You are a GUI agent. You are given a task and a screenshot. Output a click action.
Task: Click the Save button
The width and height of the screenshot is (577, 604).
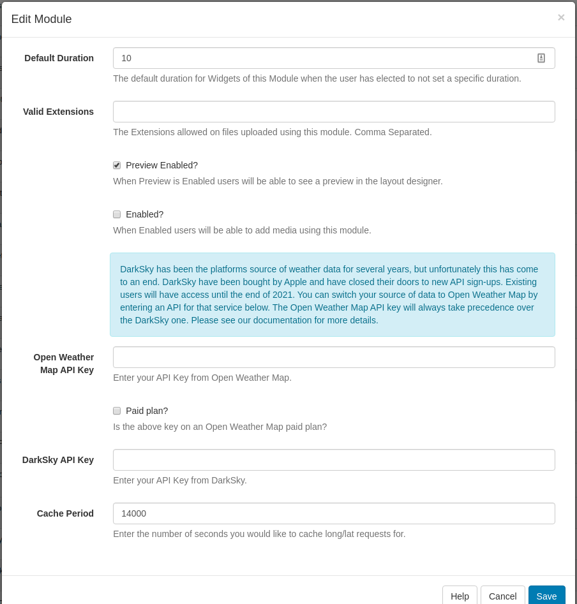pyautogui.click(x=546, y=596)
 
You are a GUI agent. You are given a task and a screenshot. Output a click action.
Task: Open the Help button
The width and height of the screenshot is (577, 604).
pyautogui.click(x=460, y=596)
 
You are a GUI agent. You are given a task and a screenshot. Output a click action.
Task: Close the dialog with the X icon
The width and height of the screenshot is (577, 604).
pyautogui.click(x=561, y=17)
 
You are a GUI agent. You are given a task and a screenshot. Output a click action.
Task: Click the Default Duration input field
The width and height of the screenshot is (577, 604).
pyautogui.click(x=319, y=58)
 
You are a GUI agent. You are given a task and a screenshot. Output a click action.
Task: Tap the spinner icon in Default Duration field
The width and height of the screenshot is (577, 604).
pyautogui.click(x=541, y=58)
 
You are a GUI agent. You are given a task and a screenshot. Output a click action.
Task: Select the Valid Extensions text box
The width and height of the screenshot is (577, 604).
pyautogui.click(x=334, y=112)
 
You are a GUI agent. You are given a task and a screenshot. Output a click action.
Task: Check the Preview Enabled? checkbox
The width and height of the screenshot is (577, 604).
pyautogui.click(x=117, y=165)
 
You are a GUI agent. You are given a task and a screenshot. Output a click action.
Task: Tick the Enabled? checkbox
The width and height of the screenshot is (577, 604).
pyautogui.click(x=117, y=214)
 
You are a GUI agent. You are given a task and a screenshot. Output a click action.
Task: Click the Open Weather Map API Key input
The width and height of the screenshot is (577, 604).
pyautogui.click(x=334, y=357)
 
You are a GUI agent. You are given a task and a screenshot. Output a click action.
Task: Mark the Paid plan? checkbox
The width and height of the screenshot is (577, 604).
pyautogui.click(x=117, y=411)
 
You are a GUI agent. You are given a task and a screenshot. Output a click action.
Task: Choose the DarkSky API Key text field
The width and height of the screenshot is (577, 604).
pyautogui.click(x=334, y=460)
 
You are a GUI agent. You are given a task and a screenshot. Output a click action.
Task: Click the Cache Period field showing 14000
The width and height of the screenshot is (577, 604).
pyautogui.click(x=334, y=513)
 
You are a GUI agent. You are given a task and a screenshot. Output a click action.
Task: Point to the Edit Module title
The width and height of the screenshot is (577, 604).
pyautogui.click(x=41, y=19)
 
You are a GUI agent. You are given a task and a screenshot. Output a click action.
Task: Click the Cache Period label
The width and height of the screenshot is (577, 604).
pyautogui.click(x=65, y=513)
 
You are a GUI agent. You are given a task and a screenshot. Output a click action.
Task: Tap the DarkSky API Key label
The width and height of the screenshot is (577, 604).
pyautogui.click(x=58, y=460)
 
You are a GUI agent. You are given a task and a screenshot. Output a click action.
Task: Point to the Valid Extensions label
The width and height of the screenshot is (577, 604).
pyautogui.click(x=58, y=112)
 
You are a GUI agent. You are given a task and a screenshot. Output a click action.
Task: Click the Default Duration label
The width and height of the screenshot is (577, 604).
pyautogui.click(x=59, y=58)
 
